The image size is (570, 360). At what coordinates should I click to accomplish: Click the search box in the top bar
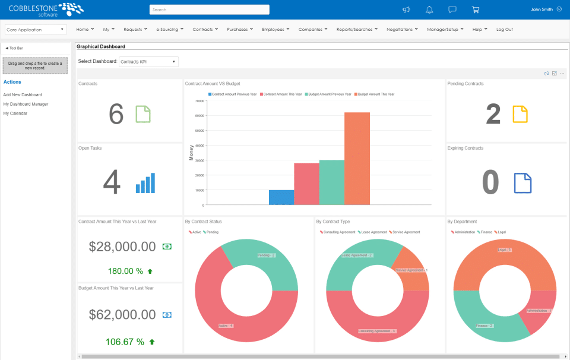(209, 10)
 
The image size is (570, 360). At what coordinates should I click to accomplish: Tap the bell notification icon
(429, 10)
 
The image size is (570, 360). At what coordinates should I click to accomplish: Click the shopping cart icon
(475, 10)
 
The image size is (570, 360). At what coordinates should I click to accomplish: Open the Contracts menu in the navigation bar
(205, 29)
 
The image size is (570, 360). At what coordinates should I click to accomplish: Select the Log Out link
(504, 29)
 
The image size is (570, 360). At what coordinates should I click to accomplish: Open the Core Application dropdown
(36, 29)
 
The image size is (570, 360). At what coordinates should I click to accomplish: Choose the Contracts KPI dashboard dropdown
(148, 61)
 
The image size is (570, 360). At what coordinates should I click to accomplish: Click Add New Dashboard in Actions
(23, 94)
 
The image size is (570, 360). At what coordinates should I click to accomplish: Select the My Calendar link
(15, 113)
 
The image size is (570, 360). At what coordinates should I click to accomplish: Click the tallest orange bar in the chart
(357, 158)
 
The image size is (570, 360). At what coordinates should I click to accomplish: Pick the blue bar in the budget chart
(281, 197)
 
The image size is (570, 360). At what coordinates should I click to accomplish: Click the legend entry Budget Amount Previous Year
(329, 94)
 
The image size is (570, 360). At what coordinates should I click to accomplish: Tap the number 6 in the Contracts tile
(116, 114)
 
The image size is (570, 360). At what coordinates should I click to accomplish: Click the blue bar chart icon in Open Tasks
(145, 183)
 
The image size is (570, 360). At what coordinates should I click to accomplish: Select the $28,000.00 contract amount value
(122, 246)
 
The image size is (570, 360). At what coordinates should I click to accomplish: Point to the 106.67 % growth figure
(124, 342)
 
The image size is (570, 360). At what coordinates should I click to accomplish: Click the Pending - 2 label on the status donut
(265, 255)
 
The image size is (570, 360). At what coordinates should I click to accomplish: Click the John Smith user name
(541, 10)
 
